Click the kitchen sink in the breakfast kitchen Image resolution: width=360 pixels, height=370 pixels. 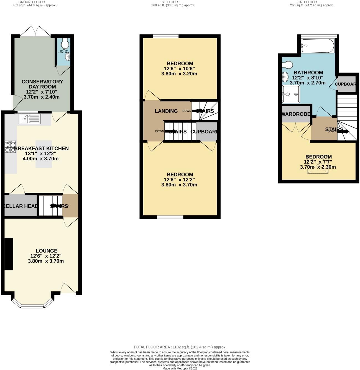[x=30, y=119]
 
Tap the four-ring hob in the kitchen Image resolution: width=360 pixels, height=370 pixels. [x=10, y=147]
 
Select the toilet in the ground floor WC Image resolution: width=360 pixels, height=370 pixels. [x=65, y=43]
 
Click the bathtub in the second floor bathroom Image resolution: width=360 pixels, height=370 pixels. [x=318, y=46]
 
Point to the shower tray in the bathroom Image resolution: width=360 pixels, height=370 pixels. [x=291, y=94]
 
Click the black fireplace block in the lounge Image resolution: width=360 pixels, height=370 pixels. [x=9, y=254]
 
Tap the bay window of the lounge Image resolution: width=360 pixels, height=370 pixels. [x=32, y=306]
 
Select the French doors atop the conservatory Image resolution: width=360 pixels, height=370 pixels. [x=35, y=31]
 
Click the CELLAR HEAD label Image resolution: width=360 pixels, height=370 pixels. [x=21, y=206]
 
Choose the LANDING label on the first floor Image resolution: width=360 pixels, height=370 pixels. [x=166, y=111]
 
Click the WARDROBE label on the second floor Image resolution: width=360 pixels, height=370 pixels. [x=295, y=114]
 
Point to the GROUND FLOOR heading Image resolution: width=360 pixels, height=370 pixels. [x=32, y=2]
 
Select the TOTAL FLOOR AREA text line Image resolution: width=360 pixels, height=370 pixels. [x=180, y=347]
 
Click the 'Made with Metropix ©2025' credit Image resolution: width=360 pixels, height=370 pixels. [x=180, y=368]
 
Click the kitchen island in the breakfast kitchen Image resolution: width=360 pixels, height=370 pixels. [x=44, y=154]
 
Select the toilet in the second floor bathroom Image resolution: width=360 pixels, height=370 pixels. [x=287, y=65]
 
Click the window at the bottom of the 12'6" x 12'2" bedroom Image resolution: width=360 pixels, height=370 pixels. [x=170, y=217]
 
